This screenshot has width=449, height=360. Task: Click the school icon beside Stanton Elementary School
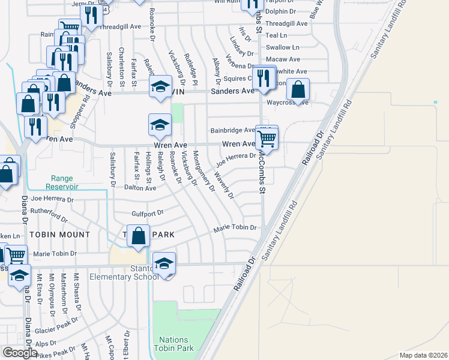tap(164, 264)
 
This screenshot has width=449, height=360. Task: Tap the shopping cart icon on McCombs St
tap(266, 139)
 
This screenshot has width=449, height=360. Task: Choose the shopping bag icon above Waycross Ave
tap(298, 90)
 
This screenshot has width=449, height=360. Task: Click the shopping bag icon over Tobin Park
tap(138, 236)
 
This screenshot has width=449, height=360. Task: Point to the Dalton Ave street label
tap(140, 188)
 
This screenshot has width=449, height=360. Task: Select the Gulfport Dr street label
tap(147, 213)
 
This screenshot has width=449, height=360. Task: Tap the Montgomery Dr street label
tap(203, 171)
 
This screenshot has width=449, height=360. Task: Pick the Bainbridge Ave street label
tap(233, 130)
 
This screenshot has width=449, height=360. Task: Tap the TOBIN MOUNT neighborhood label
tap(61, 235)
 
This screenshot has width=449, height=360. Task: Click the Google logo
tap(20, 353)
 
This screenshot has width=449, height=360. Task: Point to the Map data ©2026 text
tap(423, 355)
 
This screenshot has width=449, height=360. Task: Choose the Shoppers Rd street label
tap(88, 109)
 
